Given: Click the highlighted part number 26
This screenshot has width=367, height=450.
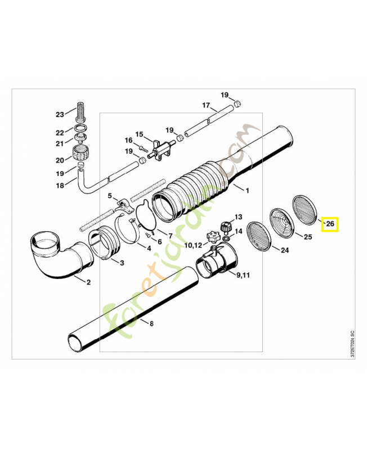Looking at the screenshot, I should tap(330, 224).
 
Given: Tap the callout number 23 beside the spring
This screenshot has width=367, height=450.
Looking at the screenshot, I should tap(60, 114).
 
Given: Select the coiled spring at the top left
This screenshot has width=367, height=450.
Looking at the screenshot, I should tap(81, 112).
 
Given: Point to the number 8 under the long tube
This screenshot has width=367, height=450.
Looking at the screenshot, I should tap(151, 323).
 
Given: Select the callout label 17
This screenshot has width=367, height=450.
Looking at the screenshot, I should tap(206, 105).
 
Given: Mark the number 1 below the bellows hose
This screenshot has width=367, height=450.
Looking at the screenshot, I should tap(247, 191).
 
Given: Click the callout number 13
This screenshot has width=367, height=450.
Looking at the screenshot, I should tap(238, 217).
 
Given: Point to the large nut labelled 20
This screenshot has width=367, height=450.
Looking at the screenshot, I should tap(81, 152).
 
